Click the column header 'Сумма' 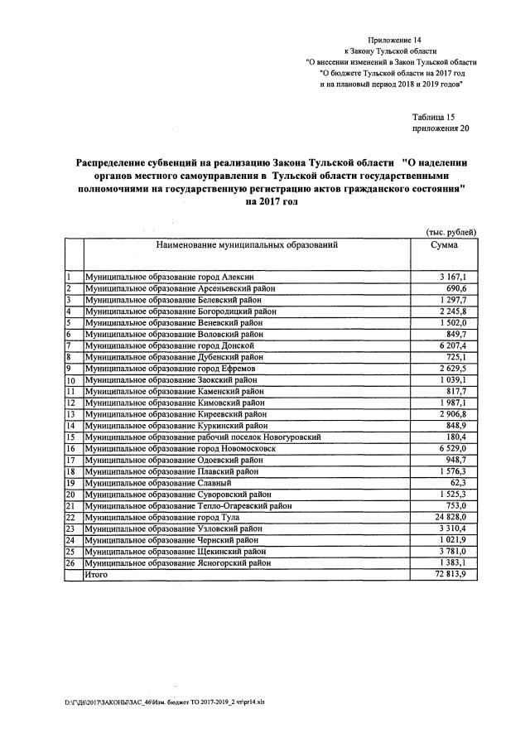point(443,246)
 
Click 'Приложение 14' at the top point(399,40)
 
